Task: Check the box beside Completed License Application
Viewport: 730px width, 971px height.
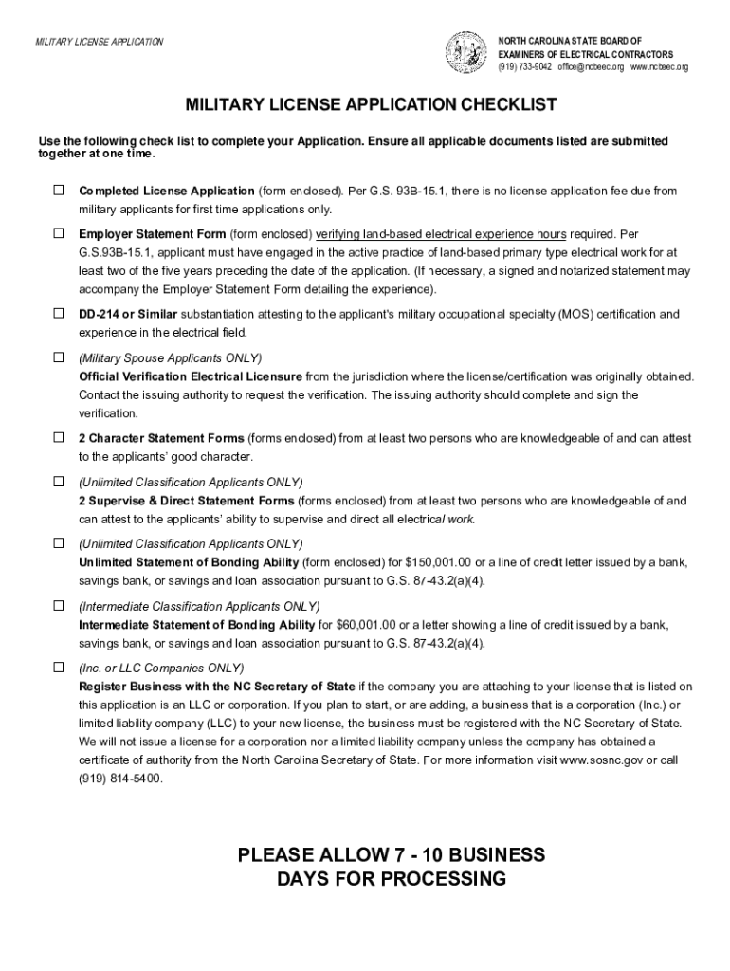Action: point(58,191)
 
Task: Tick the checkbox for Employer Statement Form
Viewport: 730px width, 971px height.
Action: point(58,233)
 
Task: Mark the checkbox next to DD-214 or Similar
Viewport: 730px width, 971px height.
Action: point(58,313)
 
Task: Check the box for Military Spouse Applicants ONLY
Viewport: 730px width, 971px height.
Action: point(58,357)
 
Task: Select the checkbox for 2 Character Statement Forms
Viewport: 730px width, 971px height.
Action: point(58,438)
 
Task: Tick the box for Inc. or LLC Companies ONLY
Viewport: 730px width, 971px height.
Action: point(58,667)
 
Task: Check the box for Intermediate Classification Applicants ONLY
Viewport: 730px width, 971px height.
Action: point(58,605)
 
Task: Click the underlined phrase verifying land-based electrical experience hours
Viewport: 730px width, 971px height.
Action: point(441,234)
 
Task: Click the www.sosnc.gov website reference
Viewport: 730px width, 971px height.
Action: point(601,760)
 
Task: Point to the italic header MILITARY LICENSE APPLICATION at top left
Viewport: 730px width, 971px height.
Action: point(99,42)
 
